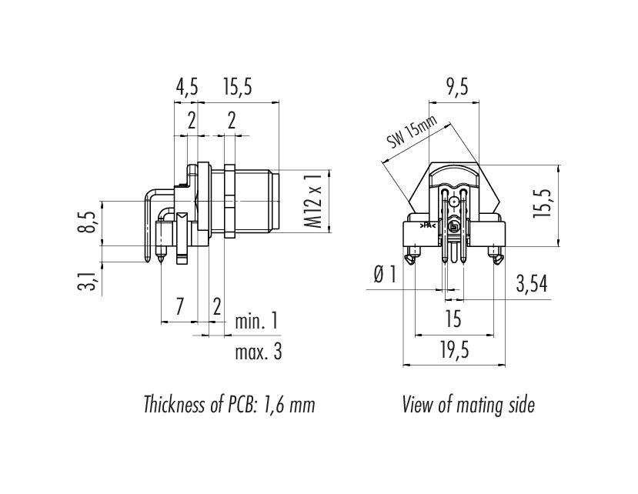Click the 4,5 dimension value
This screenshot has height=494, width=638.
[187, 87]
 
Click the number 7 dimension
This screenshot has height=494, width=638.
[179, 306]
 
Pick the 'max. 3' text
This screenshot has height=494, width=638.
[259, 352]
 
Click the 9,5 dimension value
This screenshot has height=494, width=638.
[457, 87]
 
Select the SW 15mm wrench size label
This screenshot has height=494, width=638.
[412, 131]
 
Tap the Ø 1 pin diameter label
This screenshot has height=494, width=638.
[385, 275]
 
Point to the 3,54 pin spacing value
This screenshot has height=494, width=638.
[531, 284]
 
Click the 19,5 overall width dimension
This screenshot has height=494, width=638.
[454, 351]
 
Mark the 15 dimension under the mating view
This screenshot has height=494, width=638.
[453, 319]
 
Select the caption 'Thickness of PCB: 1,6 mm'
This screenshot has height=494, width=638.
[229, 405]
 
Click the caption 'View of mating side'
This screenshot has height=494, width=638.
[468, 405]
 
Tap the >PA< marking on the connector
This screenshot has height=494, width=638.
[428, 225]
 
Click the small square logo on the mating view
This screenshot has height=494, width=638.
[453, 227]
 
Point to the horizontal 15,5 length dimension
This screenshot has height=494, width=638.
[238, 87]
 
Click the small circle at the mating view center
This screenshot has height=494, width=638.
[453, 201]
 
